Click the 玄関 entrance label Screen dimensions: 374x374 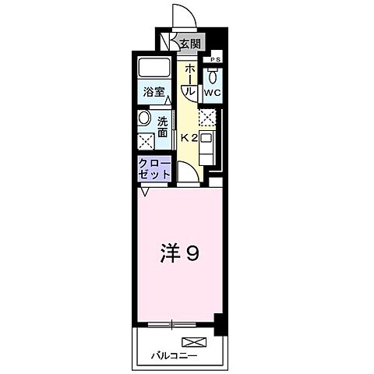click(190, 44)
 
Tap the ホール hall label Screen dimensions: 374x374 click(189, 78)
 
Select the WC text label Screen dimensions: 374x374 click(212, 92)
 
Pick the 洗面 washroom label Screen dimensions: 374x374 click(163, 126)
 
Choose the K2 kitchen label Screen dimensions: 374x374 click(189, 138)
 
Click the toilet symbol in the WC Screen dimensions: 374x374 click(212, 75)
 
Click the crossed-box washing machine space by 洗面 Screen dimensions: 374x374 click(146, 141)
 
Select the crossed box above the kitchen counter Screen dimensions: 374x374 click(206, 118)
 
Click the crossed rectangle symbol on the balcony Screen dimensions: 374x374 click(192, 341)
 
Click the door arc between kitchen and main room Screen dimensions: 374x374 click(187, 171)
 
